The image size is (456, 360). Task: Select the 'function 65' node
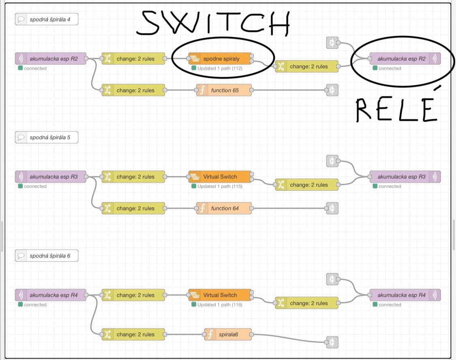pos(224,90)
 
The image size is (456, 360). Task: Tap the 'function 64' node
pos(224,208)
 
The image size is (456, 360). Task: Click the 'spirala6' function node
pos(228,334)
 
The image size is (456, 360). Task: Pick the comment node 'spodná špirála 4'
pos(46,19)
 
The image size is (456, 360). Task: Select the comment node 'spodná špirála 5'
pos(46,137)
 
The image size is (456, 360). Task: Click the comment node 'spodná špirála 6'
pos(46,256)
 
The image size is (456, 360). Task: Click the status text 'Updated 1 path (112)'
pos(219,69)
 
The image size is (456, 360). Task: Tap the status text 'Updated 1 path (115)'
pos(219,186)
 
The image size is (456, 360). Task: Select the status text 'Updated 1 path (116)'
pos(219,305)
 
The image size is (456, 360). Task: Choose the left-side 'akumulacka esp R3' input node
pos(51,177)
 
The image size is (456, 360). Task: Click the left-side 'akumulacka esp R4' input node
pos(51,295)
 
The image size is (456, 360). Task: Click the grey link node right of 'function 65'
pos(332,90)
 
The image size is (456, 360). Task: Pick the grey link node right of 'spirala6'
pos(332,342)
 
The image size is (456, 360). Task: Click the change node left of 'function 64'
pos(133,208)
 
